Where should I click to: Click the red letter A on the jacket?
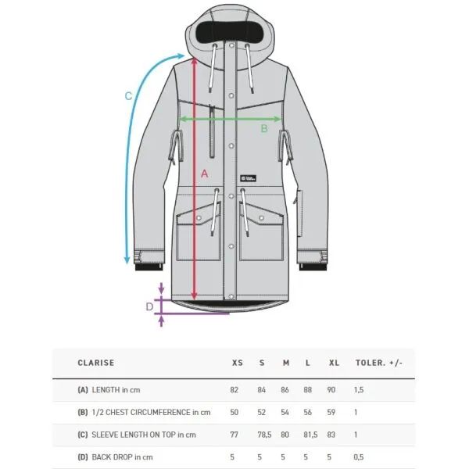click(204, 174)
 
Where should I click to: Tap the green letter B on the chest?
click(264, 128)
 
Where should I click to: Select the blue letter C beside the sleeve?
click(128, 96)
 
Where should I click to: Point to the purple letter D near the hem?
click(149, 306)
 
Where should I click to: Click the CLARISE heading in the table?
click(95, 363)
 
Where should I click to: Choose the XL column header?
click(334, 363)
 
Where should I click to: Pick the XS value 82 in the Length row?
click(234, 390)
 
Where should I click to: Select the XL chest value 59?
click(331, 412)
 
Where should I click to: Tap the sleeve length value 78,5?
click(264, 435)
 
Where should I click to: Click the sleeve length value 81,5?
click(310, 435)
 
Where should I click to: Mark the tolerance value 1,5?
click(359, 390)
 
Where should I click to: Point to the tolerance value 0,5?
click(359, 457)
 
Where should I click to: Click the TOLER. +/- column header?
click(379, 363)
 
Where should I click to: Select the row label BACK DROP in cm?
click(122, 457)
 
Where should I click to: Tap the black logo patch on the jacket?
click(249, 178)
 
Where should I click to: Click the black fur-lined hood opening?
click(230, 31)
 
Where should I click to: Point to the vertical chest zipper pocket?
click(212, 131)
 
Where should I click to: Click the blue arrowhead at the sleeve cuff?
click(127, 260)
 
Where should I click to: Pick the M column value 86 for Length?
click(285, 390)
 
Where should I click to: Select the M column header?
click(286, 363)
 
